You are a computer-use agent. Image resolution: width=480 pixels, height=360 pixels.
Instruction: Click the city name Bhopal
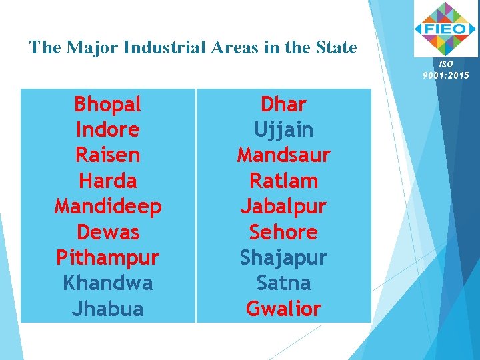tap(107, 104)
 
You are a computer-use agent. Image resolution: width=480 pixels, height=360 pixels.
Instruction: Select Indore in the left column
tap(107, 129)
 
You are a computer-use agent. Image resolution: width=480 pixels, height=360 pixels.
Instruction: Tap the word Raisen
tap(107, 155)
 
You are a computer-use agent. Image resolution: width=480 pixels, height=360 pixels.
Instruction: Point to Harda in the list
tap(107, 181)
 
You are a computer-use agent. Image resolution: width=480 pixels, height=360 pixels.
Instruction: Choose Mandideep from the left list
tap(107, 207)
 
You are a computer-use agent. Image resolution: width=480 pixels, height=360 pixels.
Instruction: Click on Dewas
tap(107, 232)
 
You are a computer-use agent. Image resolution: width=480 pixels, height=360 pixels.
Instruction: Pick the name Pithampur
tap(107, 258)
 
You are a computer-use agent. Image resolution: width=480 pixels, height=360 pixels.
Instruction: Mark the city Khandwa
tap(107, 283)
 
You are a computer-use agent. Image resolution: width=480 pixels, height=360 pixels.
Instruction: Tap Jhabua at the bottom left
tap(107, 309)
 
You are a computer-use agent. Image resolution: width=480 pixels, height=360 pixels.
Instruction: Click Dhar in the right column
tap(283, 104)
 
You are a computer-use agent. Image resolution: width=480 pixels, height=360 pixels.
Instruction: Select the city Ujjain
tap(283, 129)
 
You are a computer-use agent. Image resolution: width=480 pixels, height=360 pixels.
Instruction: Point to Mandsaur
tap(283, 155)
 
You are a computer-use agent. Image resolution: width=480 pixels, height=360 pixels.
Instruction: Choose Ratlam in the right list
tap(283, 181)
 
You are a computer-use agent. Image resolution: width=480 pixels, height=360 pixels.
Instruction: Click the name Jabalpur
tap(283, 207)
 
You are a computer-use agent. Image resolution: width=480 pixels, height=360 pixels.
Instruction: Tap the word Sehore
tap(283, 232)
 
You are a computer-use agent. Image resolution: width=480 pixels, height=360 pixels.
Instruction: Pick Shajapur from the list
tap(283, 258)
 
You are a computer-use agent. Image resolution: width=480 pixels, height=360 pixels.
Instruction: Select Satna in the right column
tap(283, 283)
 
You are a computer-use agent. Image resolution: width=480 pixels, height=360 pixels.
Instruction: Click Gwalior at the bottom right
tap(283, 309)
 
